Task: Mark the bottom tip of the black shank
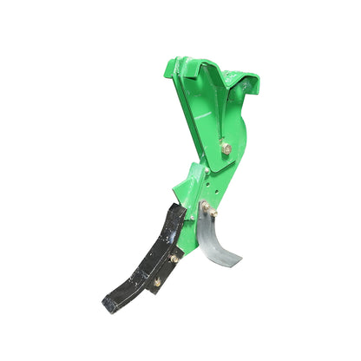[x=108, y=305]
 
